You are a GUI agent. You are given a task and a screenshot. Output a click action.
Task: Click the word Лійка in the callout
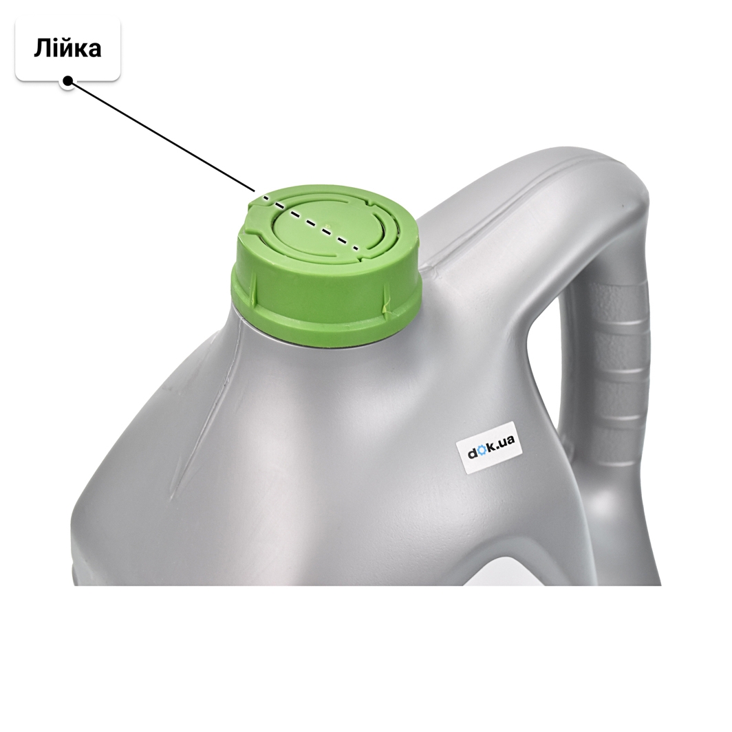click(x=67, y=49)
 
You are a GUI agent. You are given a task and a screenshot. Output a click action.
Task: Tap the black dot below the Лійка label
click(x=67, y=81)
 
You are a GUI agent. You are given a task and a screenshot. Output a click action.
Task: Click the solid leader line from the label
click(x=161, y=136)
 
